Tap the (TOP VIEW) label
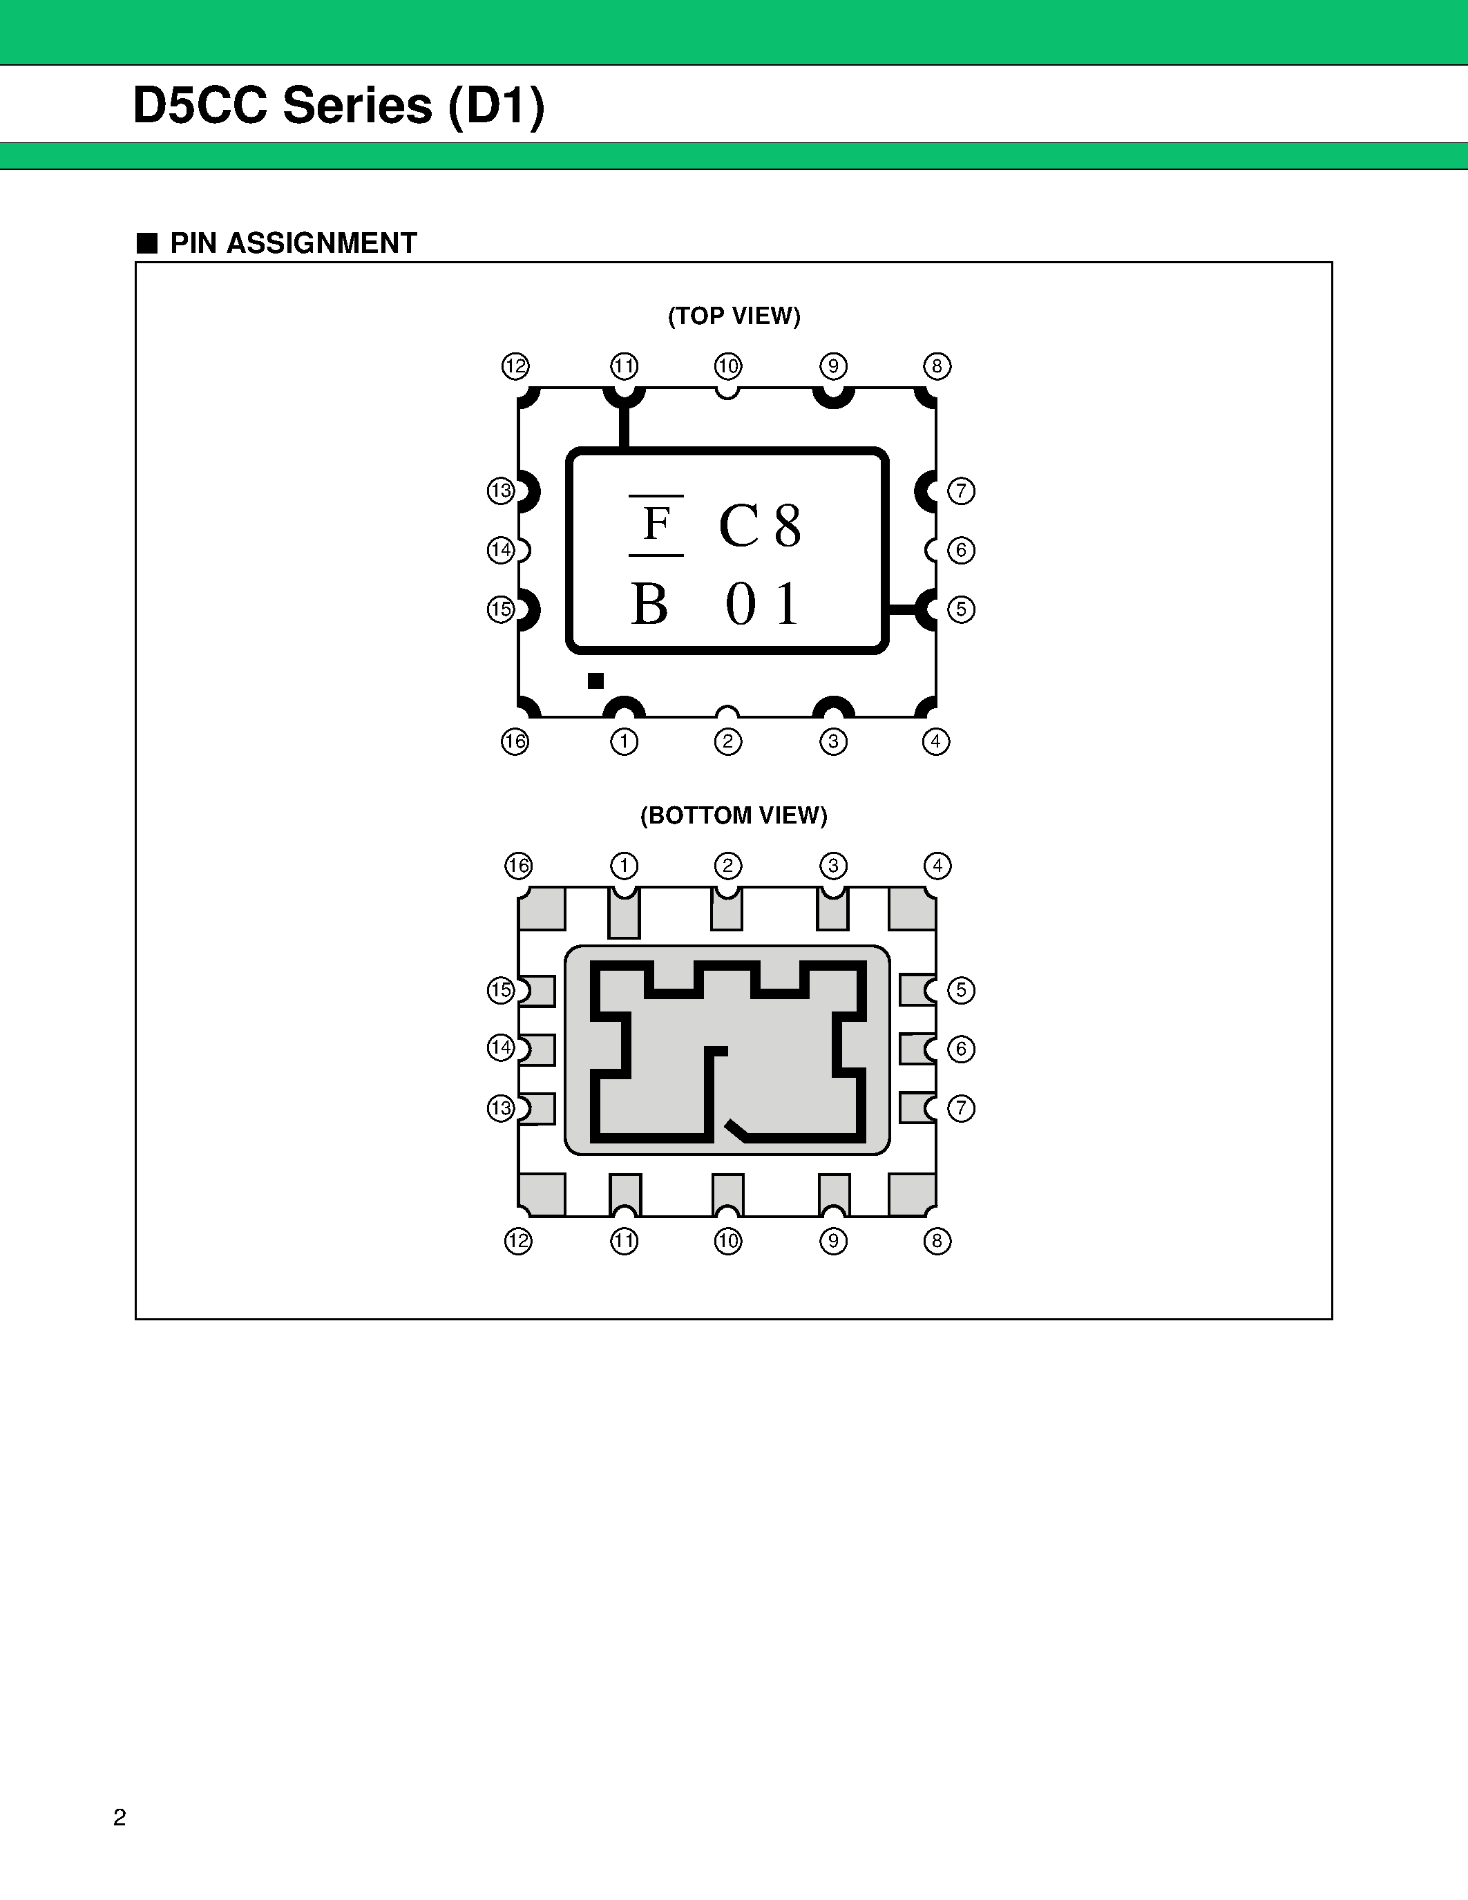733,316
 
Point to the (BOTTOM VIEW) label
733,815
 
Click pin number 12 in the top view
515,366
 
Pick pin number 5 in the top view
961,609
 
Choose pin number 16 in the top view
515,741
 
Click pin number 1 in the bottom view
625,866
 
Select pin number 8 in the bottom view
937,1241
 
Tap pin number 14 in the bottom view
501,1047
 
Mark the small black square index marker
595,681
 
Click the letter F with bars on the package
656,524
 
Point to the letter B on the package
649,604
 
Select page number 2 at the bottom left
120,1817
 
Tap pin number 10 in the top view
728,366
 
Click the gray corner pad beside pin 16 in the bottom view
542,909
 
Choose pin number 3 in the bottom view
833,866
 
